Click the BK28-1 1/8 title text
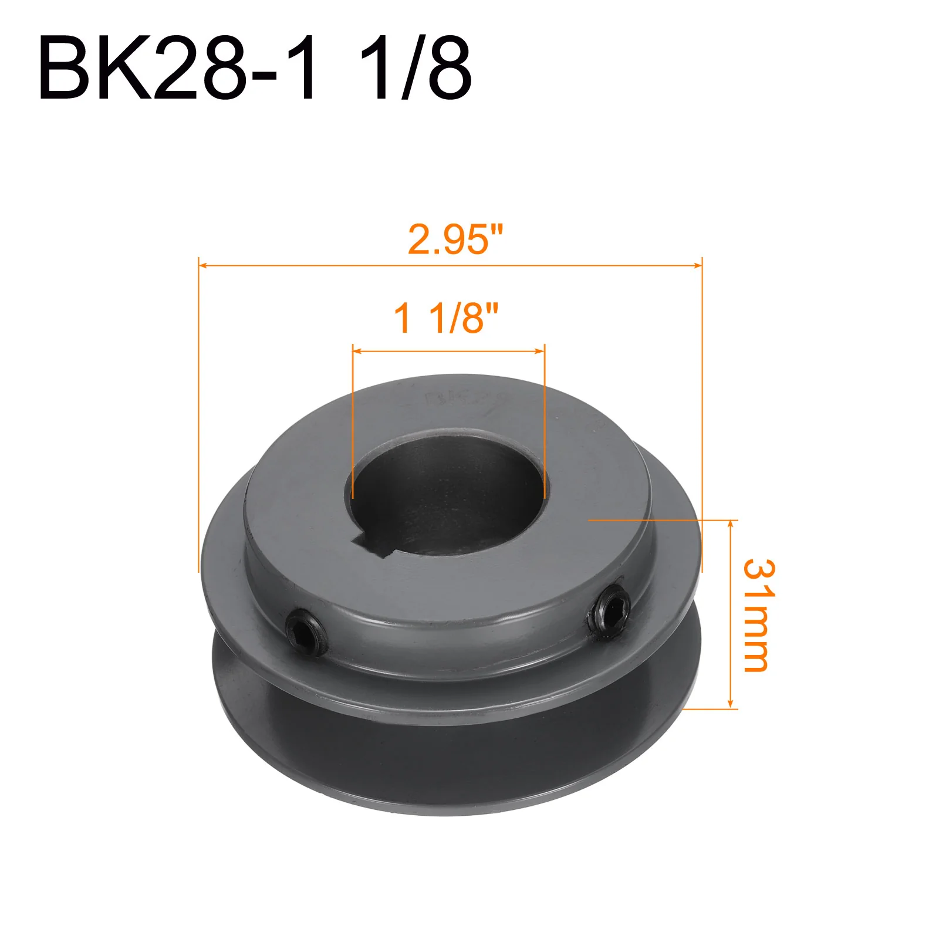[255, 68]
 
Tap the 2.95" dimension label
[456, 239]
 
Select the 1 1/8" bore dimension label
[446, 318]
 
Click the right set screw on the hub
[609, 613]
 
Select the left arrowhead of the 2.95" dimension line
[203, 266]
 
